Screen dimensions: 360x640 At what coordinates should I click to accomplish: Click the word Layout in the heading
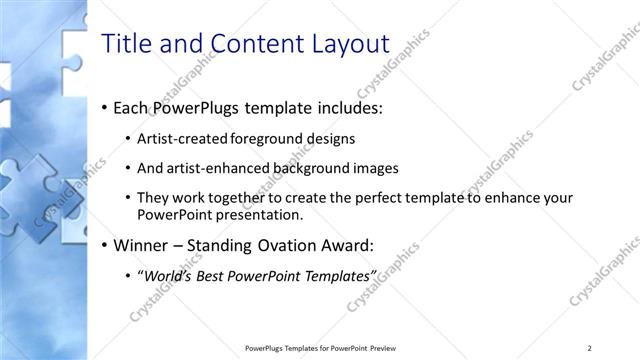350,43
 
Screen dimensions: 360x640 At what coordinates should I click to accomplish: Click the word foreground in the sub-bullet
265,138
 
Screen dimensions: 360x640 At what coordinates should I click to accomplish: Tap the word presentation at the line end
256,215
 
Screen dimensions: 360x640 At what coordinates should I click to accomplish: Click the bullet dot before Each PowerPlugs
104,108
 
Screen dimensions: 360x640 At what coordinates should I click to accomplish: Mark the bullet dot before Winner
104,245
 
